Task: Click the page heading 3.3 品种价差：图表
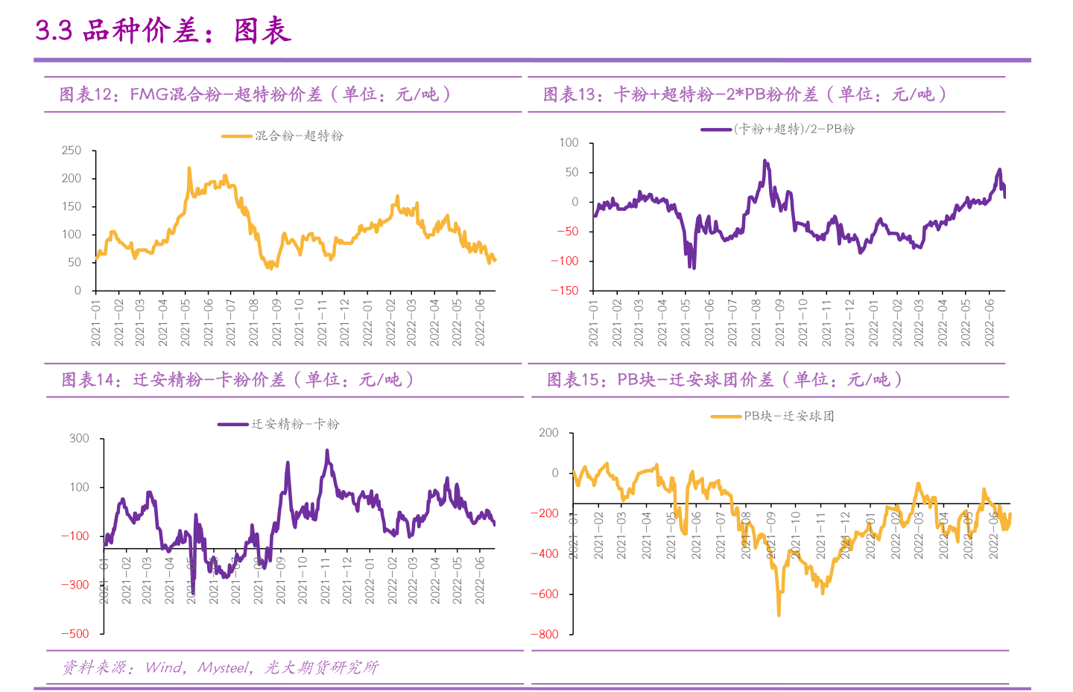[162, 31]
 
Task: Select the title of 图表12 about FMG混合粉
[255, 95]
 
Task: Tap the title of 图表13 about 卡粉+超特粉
[745, 95]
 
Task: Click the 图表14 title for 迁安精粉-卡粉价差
[237, 380]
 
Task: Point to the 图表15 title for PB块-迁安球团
[724, 380]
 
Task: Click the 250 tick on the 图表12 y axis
[72, 150]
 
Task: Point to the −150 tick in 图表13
[564, 291]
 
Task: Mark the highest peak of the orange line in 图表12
[189, 168]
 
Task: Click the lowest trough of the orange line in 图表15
[779, 615]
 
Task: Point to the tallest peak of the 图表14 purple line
[326, 451]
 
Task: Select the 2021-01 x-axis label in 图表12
[96, 323]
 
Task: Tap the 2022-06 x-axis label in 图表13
[990, 323]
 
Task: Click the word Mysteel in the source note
[224, 667]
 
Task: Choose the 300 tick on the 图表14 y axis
[79, 439]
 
